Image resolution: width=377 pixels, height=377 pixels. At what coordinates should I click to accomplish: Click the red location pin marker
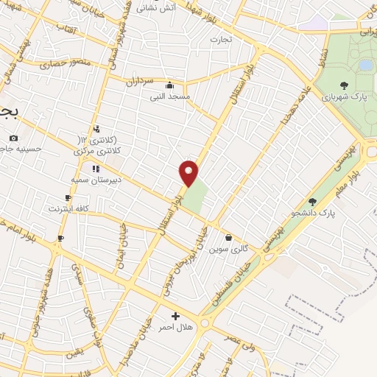pos(189,173)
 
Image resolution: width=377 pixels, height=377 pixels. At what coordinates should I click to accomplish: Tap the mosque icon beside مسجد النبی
pos(171,84)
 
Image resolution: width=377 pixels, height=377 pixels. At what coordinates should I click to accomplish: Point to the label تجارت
pos(220,38)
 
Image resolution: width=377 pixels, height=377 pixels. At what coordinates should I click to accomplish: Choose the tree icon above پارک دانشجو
pos(312,201)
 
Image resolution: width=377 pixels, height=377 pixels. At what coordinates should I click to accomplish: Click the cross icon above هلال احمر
pos(175,316)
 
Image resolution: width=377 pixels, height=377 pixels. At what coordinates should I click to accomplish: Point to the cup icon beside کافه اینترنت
pos(68,198)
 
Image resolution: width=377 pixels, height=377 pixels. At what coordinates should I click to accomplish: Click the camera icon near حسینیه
pos(13,138)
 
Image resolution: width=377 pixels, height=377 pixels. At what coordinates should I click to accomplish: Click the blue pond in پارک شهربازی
pos(366,65)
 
